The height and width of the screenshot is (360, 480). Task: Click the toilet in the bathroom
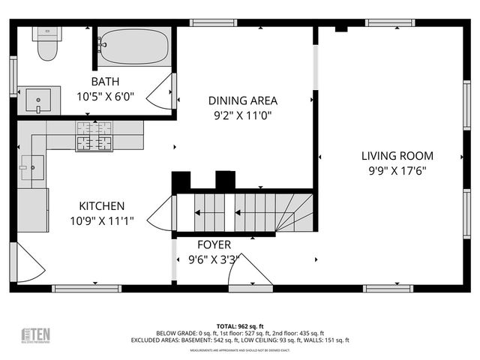(x=47, y=46)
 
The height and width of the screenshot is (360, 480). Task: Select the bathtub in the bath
(x=133, y=46)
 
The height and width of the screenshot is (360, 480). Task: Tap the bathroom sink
(x=37, y=99)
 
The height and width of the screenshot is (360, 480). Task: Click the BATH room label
(x=106, y=81)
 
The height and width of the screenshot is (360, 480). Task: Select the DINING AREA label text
(x=242, y=100)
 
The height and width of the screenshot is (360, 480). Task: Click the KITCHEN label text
(x=102, y=205)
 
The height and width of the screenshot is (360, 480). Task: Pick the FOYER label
(x=214, y=244)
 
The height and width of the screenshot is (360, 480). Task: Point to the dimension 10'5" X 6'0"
(x=106, y=96)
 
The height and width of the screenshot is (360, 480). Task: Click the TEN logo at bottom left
(x=35, y=334)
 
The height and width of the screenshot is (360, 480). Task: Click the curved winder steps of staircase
(x=294, y=214)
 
